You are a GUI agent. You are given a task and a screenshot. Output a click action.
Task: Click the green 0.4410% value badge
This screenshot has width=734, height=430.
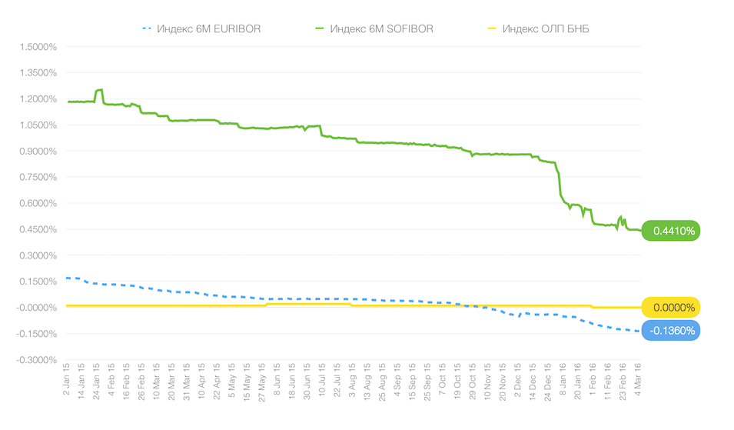(673, 230)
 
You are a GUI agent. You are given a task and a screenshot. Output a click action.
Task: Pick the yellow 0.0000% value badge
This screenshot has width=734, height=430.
(673, 308)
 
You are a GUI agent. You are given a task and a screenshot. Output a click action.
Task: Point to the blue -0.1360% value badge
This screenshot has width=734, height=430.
(673, 332)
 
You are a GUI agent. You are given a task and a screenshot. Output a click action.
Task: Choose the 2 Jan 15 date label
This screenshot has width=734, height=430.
(66, 380)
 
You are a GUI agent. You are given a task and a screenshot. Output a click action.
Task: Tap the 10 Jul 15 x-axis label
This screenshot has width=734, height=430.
(322, 381)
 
